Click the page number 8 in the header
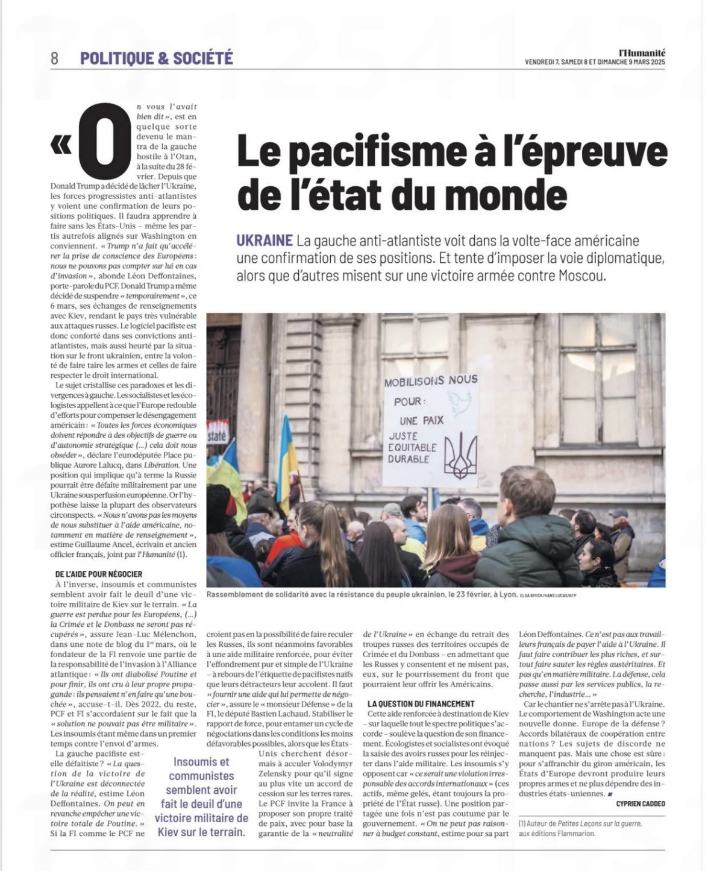[55, 58]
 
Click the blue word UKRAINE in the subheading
[264, 241]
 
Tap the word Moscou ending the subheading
[582, 277]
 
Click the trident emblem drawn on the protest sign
[460, 456]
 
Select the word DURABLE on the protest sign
[409, 459]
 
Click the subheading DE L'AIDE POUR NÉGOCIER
[99, 574]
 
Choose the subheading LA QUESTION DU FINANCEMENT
[421, 703]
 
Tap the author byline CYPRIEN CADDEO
[641, 803]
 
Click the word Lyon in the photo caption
[506, 594]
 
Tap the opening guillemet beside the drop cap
[61, 145]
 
